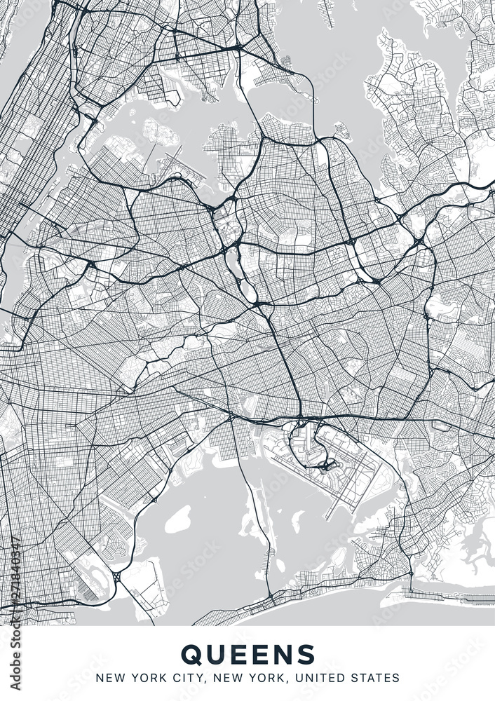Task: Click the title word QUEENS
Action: click(247, 654)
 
